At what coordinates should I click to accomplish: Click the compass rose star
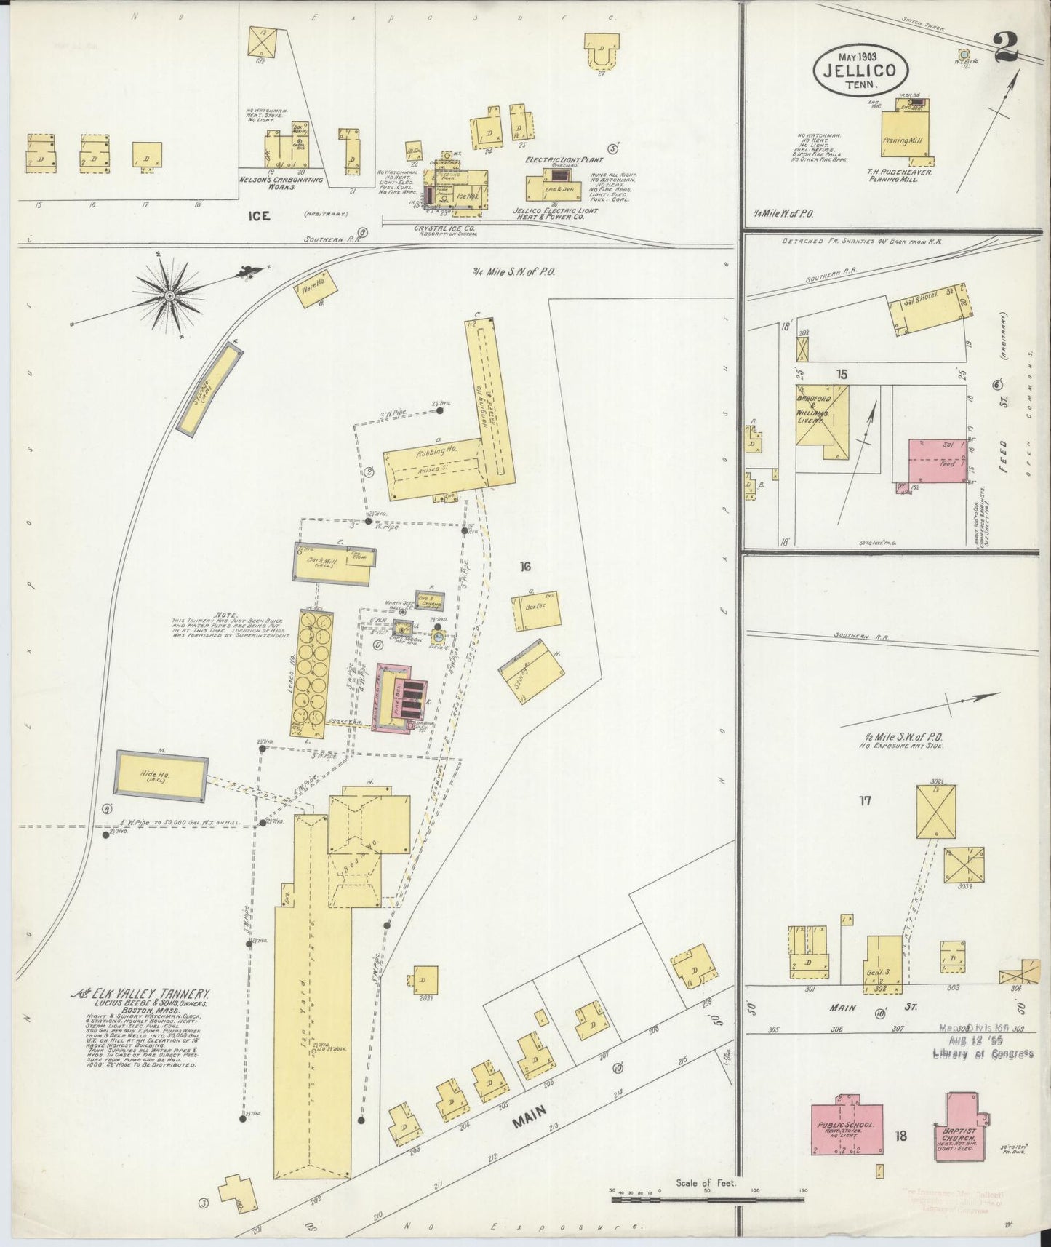(x=169, y=295)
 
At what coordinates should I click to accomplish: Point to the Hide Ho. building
(x=162, y=776)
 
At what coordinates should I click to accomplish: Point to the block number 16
(x=526, y=565)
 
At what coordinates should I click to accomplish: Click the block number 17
(x=864, y=801)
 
